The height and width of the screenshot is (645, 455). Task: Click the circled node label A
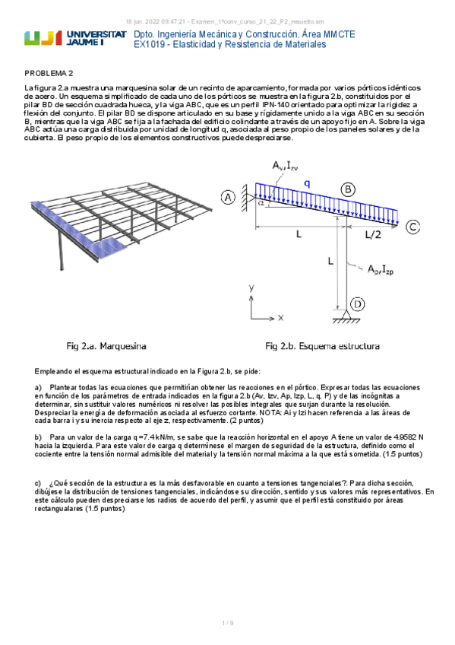pyautogui.click(x=229, y=198)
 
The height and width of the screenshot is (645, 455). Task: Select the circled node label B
pyautogui.click(x=348, y=189)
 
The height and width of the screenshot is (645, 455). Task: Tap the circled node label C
pyautogui.click(x=412, y=227)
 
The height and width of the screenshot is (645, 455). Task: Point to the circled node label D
pyautogui.click(x=358, y=304)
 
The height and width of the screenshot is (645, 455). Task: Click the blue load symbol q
pyautogui.click(x=307, y=184)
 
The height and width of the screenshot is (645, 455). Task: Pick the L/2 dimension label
pyautogui.click(x=373, y=235)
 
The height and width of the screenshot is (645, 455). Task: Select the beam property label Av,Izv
pyautogui.click(x=285, y=166)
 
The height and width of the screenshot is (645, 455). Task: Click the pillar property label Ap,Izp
pyautogui.click(x=381, y=269)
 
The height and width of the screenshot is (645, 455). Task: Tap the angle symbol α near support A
pyautogui.click(x=261, y=203)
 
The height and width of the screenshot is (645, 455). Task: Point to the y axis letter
pyautogui.click(x=251, y=288)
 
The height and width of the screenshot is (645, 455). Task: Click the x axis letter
pyautogui.click(x=280, y=318)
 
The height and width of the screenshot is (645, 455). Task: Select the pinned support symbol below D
pyautogui.click(x=346, y=316)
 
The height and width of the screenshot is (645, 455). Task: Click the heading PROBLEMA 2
pyautogui.click(x=49, y=74)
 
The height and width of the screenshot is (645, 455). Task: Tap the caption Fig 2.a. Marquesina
pyautogui.click(x=106, y=346)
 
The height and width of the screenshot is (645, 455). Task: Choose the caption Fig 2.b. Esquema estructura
pyautogui.click(x=322, y=346)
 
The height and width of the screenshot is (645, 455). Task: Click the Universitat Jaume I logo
pyautogui.click(x=75, y=38)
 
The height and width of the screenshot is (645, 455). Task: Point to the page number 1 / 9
pyautogui.click(x=228, y=623)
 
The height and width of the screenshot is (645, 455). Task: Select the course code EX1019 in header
pyautogui.click(x=149, y=44)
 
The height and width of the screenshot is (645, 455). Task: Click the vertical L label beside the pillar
pyautogui.click(x=330, y=261)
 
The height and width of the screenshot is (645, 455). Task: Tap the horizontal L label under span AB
pyautogui.click(x=299, y=234)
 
